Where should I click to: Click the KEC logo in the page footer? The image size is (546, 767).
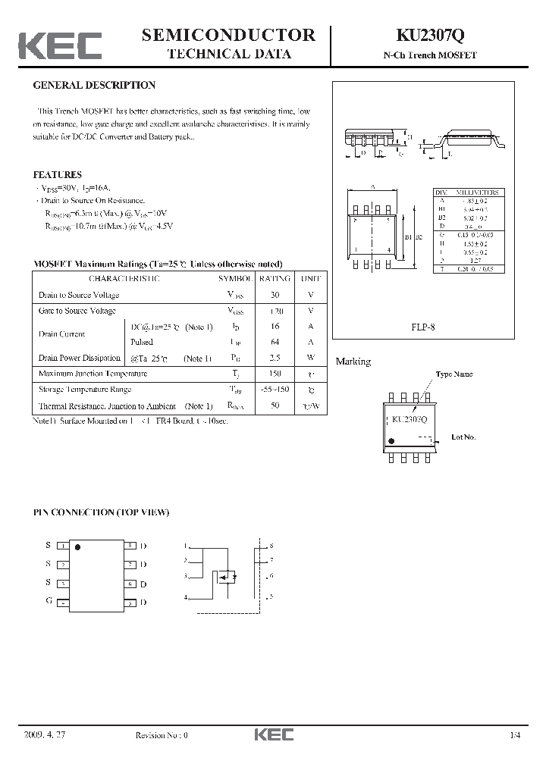(273, 735)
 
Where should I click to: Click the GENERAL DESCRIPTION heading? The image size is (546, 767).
(95, 86)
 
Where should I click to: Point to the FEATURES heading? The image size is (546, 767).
(58, 174)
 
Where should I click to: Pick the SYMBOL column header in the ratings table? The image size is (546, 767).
(234, 279)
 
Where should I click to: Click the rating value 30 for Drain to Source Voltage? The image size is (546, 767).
(275, 295)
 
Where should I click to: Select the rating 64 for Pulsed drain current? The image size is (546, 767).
(275, 342)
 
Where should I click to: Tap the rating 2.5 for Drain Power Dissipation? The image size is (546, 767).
(275, 358)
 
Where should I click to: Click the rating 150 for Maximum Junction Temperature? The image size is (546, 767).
(275, 374)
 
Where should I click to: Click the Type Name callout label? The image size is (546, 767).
(453, 374)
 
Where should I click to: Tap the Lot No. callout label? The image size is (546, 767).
(463, 437)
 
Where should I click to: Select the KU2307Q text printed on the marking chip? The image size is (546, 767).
(409, 419)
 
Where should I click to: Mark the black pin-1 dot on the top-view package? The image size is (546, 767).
(77, 546)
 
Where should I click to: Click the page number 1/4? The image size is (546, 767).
(516, 735)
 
